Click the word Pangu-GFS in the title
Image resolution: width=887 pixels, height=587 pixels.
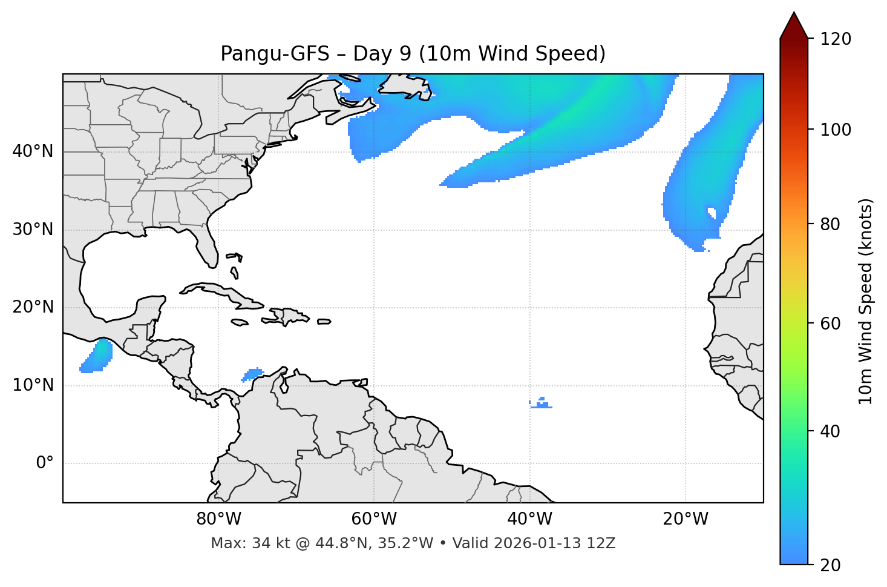pos(273,54)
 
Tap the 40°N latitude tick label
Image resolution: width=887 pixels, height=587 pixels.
pos(33,151)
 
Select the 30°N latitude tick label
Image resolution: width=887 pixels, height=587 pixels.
pos(33,230)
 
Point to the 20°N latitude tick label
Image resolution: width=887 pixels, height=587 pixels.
pos(33,307)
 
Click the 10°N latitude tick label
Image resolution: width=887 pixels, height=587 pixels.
pos(33,385)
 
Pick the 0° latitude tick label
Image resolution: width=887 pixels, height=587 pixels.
pos(45,463)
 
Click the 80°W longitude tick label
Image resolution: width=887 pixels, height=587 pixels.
pos(218,519)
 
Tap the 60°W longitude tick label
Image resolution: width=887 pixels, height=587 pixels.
pos(374,519)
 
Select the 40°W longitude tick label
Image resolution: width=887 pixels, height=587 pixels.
pos(529,519)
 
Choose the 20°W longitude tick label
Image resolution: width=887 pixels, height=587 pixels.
pos(686,519)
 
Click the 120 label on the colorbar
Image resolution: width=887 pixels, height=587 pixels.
pos(836,39)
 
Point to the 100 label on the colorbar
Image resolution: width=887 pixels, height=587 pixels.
pos(836,130)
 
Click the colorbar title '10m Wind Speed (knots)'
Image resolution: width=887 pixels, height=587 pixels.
pos(866,301)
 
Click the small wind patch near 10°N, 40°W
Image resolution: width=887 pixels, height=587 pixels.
pos(542,403)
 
